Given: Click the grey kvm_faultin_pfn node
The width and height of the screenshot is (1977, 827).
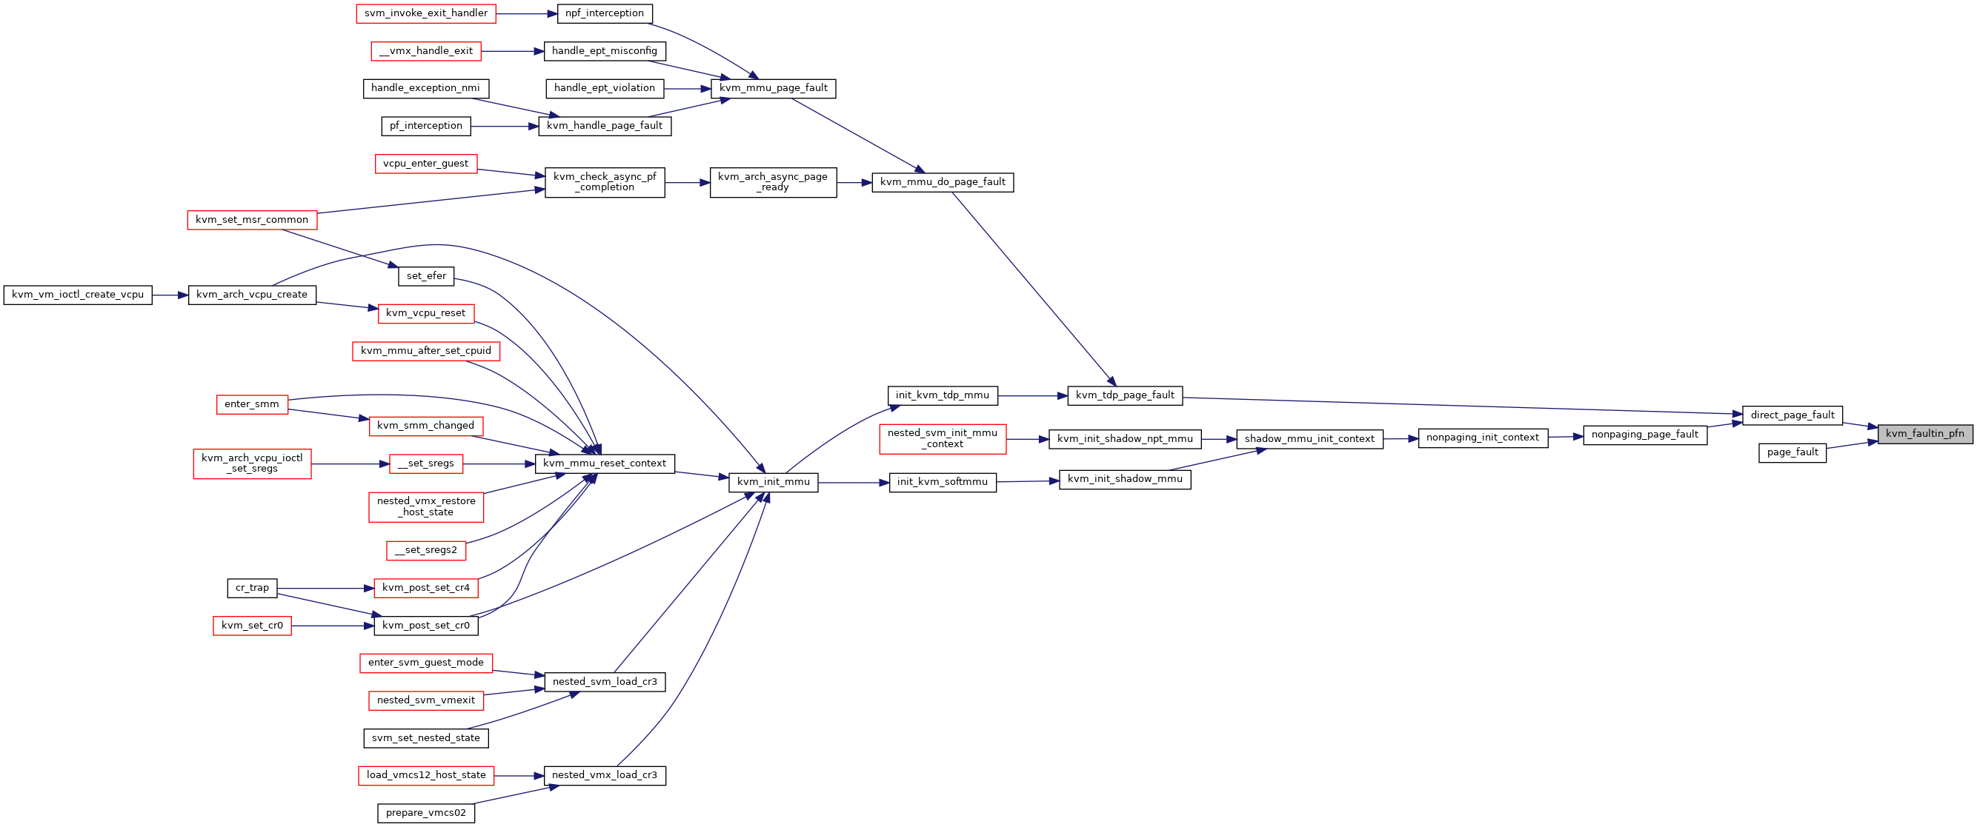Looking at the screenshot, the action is pos(1925,434).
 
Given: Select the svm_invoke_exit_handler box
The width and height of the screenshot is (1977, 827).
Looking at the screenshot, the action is pos(426,14).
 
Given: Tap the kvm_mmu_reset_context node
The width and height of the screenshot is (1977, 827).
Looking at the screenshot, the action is pos(605,464).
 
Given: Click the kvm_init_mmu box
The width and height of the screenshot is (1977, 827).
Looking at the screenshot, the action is pos(773,483).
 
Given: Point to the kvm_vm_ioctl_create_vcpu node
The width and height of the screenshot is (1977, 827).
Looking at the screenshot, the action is pos(78,295).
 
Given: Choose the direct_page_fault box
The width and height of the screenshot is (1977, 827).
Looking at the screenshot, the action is pos(1792,416).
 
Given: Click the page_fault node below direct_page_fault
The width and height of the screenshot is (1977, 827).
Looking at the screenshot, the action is pos(1792,453).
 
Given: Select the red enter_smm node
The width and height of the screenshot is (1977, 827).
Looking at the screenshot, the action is pos(252,405).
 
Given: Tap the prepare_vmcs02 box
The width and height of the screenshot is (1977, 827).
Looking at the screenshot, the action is pos(426,813).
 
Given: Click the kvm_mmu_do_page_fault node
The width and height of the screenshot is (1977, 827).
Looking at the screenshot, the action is pos(943,183).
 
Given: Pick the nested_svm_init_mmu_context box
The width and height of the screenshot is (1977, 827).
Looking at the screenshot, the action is pos(943,439).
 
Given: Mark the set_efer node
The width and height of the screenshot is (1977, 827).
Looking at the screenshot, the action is pos(426,276).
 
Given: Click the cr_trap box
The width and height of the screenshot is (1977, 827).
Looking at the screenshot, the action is pos(252,589).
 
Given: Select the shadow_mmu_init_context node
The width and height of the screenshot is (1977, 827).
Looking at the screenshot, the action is pos(1309,440).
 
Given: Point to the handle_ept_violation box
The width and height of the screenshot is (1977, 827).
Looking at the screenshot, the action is pos(605,89).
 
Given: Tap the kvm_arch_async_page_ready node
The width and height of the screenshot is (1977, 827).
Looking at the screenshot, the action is pos(773,183).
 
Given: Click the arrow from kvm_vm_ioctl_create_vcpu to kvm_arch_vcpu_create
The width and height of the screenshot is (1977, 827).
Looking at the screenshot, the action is pos(170,295).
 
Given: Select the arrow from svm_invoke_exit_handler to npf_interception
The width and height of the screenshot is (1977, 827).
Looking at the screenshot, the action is pos(526,14).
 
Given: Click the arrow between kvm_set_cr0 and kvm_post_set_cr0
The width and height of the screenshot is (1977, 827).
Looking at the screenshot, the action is pos(332,626).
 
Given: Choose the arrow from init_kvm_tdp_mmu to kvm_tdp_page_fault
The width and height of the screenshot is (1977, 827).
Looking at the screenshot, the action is pos(1033,396).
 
